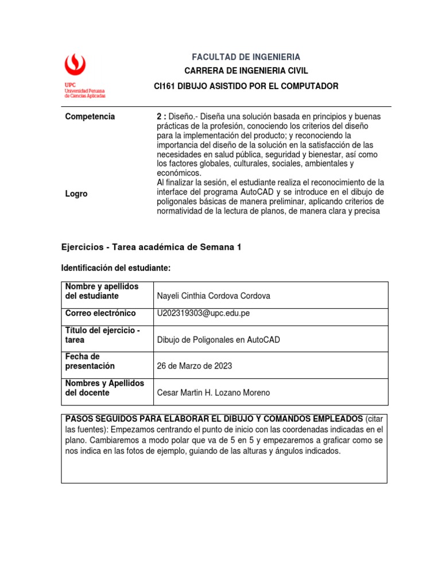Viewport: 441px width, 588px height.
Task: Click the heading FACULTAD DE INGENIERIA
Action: (246, 57)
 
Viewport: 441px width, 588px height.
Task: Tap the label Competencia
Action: (90, 117)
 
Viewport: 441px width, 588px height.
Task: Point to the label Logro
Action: (76, 194)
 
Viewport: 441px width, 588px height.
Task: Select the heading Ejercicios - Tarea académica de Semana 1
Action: (152, 247)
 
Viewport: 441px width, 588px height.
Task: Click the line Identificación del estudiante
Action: (116, 268)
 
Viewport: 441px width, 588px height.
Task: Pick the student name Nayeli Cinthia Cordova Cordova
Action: (213, 296)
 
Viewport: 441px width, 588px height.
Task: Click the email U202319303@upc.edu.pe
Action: (203, 314)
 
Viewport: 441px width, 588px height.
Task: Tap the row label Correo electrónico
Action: (100, 314)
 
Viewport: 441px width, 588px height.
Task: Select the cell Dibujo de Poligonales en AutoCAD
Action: (218, 340)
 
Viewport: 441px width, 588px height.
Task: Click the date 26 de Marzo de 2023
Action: (195, 366)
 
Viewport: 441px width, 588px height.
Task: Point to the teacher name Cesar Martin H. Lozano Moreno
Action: (213, 393)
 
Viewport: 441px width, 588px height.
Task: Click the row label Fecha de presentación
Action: (90, 361)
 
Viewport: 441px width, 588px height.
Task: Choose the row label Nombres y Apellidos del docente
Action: (105, 388)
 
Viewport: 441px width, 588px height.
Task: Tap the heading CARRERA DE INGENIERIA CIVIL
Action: (246, 71)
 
